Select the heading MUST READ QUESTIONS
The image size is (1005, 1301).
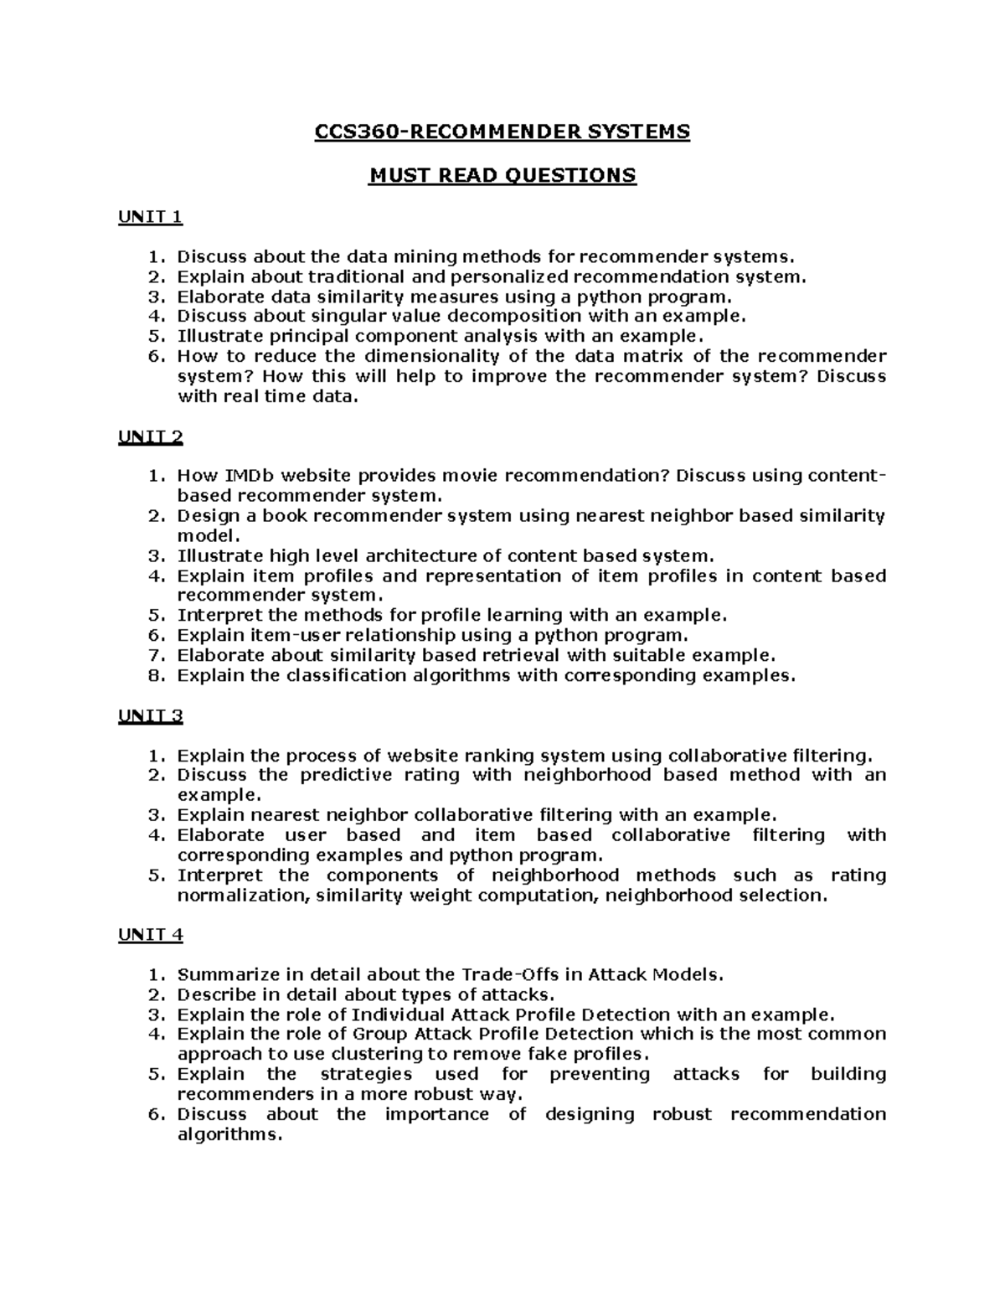point(502,175)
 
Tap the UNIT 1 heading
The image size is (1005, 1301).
point(150,218)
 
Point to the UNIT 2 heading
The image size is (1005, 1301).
point(150,437)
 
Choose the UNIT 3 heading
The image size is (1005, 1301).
point(150,716)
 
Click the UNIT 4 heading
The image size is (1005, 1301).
point(150,935)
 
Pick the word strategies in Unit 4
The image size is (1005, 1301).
point(366,1074)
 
